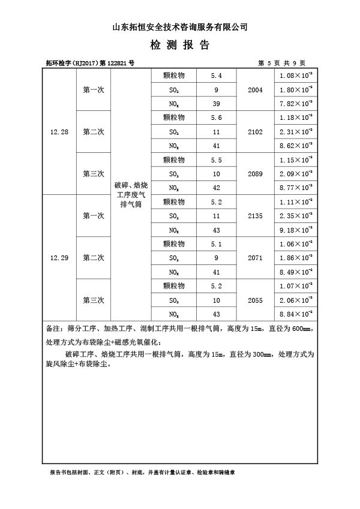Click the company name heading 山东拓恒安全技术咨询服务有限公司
click(180, 27)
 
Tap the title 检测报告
click(180, 46)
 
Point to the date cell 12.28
click(60, 132)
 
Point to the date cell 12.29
click(60, 258)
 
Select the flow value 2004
click(255, 90)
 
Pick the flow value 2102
click(255, 132)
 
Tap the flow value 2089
click(255, 174)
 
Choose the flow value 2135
click(255, 216)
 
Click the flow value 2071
click(255, 258)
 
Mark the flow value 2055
click(255, 300)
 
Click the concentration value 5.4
click(217, 76)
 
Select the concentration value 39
click(217, 104)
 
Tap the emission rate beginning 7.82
click(293, 104)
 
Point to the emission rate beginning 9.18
click(293, 230)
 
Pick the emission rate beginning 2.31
click(293, 132)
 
